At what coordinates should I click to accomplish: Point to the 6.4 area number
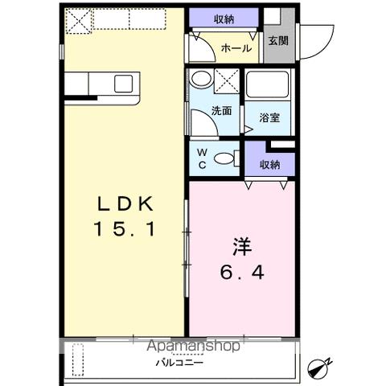click(x=242, y=273)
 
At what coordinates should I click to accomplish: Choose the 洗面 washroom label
click(x=222, y=110)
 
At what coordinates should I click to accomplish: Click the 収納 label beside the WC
click(x=269, y=164)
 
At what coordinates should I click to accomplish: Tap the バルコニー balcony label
click(x=179, y=362)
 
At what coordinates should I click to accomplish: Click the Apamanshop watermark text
click(x=193, y=347)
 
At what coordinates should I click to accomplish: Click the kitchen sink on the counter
click(x=123, y=83)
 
